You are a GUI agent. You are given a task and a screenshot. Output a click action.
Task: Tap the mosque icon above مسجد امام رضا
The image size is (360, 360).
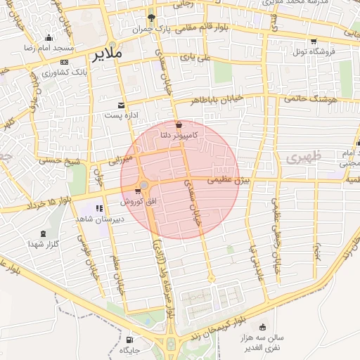[x=48, y=38]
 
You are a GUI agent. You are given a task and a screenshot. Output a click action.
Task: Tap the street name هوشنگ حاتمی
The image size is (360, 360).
[x=312, y=100]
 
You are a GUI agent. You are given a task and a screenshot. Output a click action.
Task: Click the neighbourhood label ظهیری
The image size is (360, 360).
[x=304, y=155]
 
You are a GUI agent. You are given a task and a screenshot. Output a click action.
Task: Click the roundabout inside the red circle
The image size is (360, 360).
[x=143, y=186]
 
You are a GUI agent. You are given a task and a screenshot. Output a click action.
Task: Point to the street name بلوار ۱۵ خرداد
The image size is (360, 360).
[x=49, y=205]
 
